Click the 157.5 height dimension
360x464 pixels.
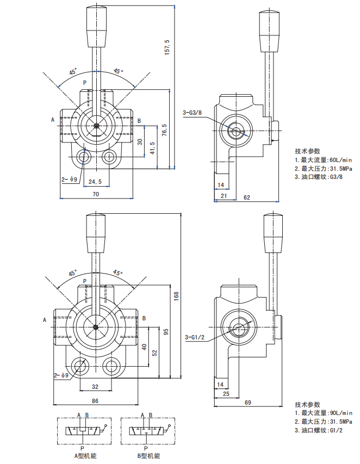point(167,47)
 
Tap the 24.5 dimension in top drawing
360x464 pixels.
point(95,181)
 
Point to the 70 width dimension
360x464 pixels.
point(95,194)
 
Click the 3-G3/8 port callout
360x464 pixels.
point(192,113)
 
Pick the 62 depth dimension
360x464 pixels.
point(246,197)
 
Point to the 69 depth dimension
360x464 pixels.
point(247,402)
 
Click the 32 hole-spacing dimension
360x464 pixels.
point(95,387)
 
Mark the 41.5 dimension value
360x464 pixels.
point(153,147)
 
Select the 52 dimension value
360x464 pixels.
point(154,352)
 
